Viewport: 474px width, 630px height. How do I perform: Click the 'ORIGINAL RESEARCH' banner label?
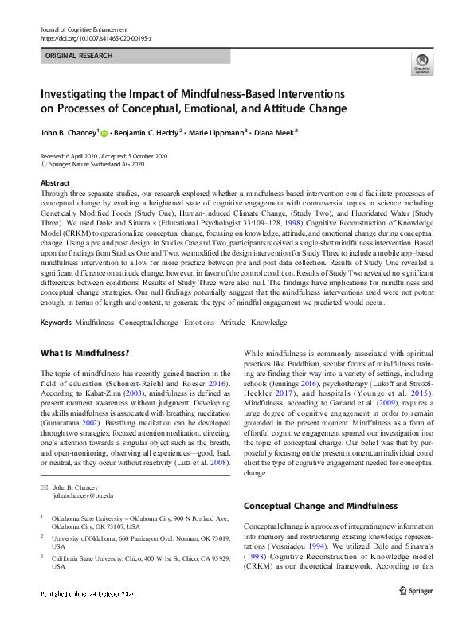tap(79, 56)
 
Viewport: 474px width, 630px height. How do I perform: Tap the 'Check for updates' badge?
tap(421, 65)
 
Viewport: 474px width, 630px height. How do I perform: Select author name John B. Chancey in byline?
tap(69, 133)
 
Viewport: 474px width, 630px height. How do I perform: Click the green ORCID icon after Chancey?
tap(104, 133)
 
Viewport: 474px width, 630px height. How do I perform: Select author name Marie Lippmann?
tap(217, 133)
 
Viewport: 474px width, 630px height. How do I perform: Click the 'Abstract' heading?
tap(55, 183)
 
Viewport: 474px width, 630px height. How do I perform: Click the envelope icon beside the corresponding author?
tap(43, 486)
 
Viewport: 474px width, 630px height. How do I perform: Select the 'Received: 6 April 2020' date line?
tap(71, 156)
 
